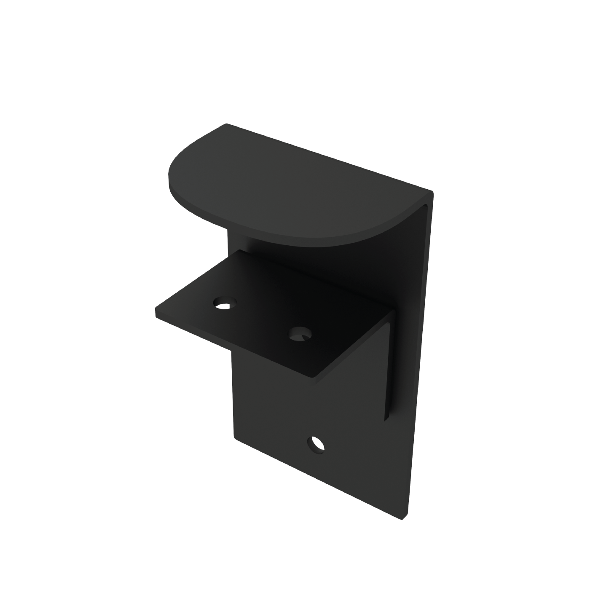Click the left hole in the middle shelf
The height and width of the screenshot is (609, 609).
point(225,303)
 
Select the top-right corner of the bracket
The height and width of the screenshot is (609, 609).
point(432,193)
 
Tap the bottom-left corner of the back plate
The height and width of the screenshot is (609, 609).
point(234,438)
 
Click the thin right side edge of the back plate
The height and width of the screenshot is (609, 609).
point(419,358)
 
